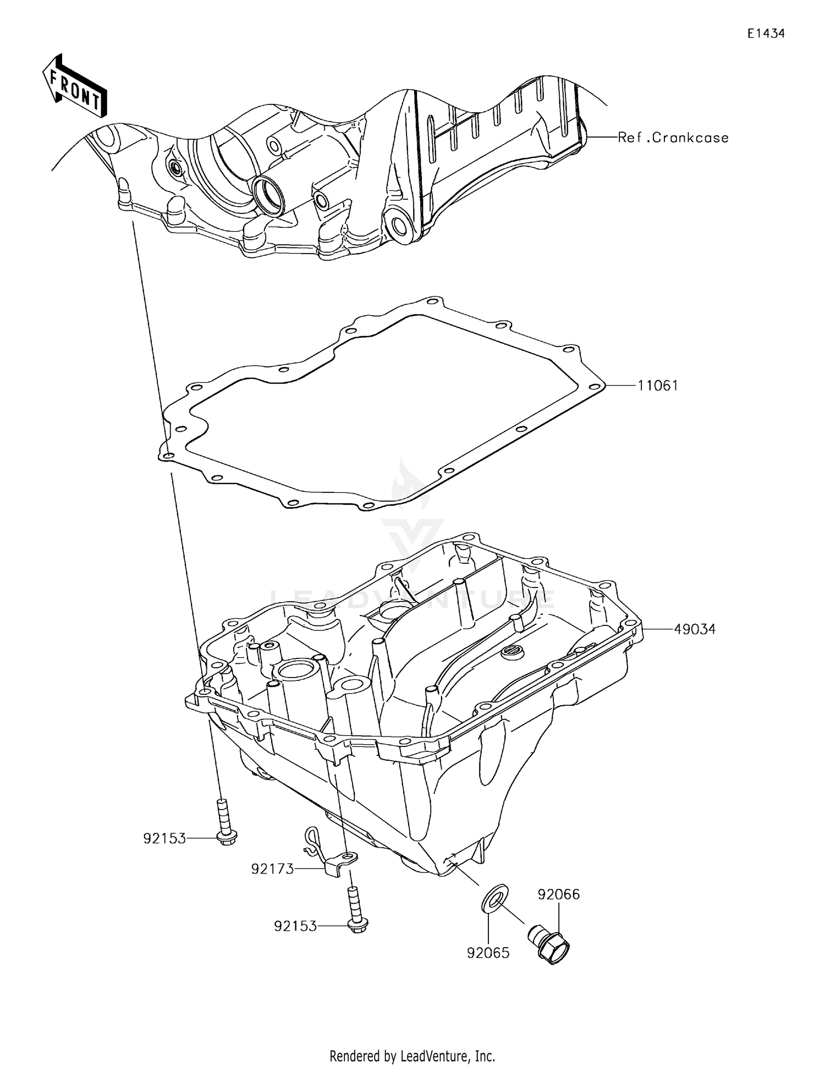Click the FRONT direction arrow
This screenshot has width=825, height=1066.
[75, 86]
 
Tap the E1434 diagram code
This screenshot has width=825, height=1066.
[766, 34]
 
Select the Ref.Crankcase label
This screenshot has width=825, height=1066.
[673, 138]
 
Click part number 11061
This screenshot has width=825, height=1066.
[658, 386]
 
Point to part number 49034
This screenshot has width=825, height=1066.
[695, 629]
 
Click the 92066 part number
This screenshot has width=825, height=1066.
[559, 894]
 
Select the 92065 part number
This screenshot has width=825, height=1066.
[488, 953]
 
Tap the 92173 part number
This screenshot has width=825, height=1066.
[272, 869]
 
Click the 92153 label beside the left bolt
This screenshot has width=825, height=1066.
[164, 838]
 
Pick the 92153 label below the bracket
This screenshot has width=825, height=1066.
[295, 926]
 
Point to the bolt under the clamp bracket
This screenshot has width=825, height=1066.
[355, 909]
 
